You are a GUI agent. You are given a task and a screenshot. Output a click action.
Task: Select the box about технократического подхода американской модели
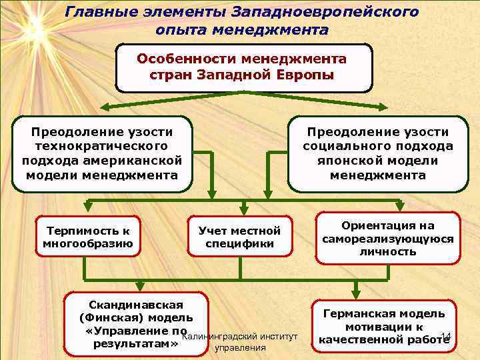tap(102, 154)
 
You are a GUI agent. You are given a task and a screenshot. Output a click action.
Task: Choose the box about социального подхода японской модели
tap(378, 154)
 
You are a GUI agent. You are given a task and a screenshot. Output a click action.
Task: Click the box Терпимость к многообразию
tap(88, 237)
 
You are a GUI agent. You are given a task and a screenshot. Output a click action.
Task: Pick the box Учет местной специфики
tap(239, 237)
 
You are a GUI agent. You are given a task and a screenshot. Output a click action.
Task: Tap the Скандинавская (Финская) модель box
tap(136, 320)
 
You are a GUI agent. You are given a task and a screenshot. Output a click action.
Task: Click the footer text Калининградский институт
tap(239, 335)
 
